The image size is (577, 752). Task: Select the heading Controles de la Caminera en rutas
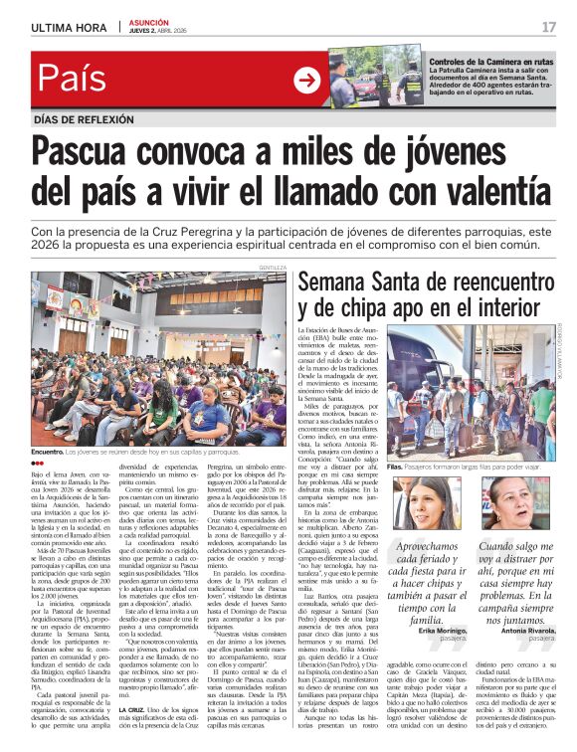[490, 63]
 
